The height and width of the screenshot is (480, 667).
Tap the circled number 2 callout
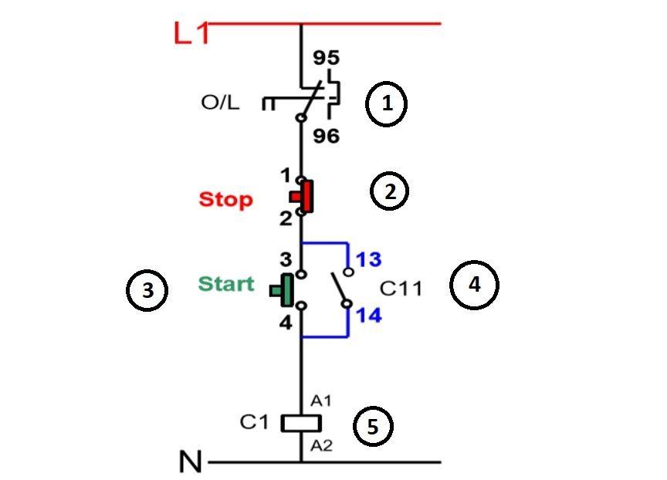click(390, 191)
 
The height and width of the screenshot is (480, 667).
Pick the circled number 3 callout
click(147, 291)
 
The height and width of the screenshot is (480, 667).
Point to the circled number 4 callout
click(475, 285)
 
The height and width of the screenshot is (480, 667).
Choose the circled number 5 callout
click(373, 428)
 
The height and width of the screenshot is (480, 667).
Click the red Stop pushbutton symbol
click(304, 197)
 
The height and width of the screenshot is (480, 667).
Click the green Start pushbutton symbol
click(283, 290)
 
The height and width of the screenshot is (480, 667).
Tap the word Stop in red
click(225, 200)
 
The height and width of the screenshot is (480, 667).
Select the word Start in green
click(226, 284)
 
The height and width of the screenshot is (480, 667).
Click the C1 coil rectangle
click(300, 423)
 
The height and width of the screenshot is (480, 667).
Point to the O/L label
click(220, 102)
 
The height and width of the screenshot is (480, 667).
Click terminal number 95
click(326, 59)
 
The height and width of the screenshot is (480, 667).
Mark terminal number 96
click(326, 137)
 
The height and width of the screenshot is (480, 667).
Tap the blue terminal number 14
click(368, 316)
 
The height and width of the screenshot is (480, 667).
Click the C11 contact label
click(401, 289)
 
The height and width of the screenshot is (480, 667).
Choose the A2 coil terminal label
click(321, 445)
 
